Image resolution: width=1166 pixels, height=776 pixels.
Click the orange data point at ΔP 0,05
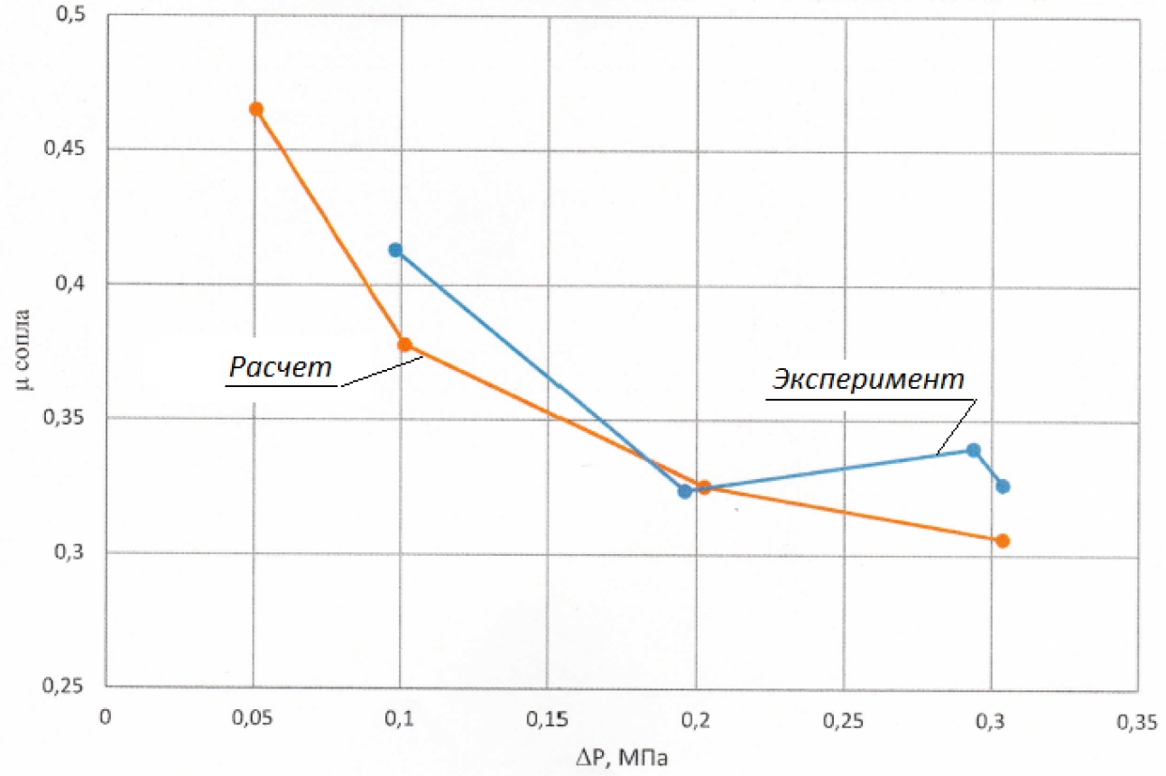pos(256,109)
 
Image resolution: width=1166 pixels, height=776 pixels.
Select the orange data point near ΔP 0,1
pos(405,345)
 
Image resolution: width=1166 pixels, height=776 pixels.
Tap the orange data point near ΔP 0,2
pos(704,487)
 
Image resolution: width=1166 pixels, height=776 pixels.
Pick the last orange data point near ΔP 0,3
pos(1002,541)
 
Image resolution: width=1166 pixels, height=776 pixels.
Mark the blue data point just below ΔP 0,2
pos(685,492)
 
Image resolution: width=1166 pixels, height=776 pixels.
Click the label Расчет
pos(281,366)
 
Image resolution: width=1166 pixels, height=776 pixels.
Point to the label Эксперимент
pos(867,380)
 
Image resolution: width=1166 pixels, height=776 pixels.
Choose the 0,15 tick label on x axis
pos(550,719)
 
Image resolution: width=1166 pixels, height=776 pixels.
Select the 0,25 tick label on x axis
pos(844,720)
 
